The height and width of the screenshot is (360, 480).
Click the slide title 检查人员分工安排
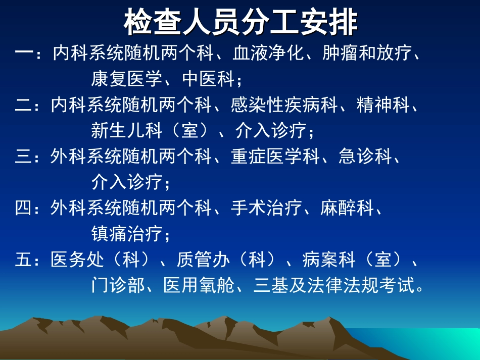pos(241,23)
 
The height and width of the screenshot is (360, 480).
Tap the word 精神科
pos(382,105)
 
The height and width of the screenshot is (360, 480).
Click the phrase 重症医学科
pos(275,157)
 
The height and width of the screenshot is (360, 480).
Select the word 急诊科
pos(365,157)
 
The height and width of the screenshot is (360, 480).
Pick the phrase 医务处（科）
pos(101,260)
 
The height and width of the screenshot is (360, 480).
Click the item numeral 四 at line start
pos(23,208)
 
